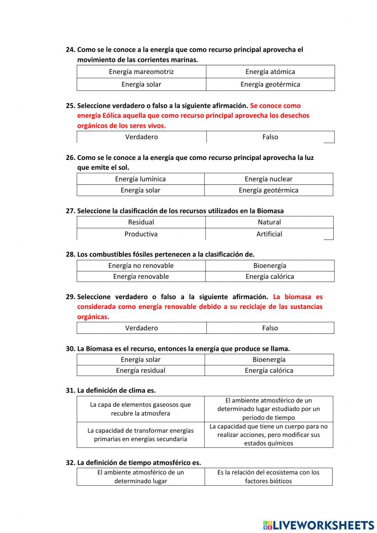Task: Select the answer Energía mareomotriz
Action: coord(141,72)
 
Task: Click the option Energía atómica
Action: coord(270,72)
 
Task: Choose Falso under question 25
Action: coord(270,137)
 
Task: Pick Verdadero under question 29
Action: coord(141,328)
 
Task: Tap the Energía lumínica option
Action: coord(140,179)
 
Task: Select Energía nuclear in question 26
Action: coord(268,179)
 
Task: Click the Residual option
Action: coord(141,222)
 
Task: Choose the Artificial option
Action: coord(269,234)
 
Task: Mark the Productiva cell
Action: coord(141,234)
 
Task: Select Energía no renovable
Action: coord(141,266)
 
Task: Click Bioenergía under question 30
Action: coord(269,359)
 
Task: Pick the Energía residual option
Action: coord(141,370)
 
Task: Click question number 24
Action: coord(70,50)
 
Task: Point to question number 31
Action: coord(70,390)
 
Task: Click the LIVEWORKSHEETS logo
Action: coord(319,525)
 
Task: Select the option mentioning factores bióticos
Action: coord(268,477)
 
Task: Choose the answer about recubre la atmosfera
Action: coord(140,409)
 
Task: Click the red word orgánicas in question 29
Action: coord(93,317)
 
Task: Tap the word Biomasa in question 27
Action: coord(270,211)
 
